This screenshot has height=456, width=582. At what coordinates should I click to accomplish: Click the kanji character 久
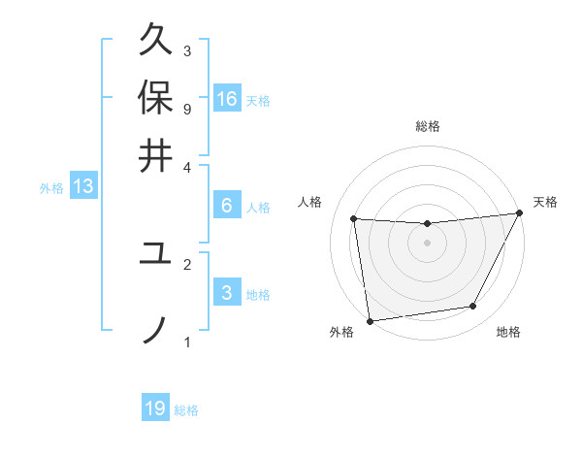coord(155,43)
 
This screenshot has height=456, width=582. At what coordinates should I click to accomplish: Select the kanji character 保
coord(155,97)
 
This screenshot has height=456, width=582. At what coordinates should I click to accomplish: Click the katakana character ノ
coord(155,330)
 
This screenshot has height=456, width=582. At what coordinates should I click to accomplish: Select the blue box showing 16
coord(227,99)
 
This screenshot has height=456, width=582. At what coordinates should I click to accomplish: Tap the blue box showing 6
coord(227,206)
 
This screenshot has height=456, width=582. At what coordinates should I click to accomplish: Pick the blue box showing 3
coord(227,294)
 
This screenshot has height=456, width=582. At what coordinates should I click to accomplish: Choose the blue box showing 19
coord(155,408)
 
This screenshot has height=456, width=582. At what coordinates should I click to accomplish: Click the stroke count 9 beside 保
coord(186,108)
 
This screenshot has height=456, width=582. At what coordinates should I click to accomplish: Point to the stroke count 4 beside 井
coord(186,166)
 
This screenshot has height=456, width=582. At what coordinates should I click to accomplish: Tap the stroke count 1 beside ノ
coord(186,342)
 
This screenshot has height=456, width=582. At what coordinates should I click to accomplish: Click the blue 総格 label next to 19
coord(186,410)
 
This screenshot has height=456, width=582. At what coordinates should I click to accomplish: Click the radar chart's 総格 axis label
coord(427,126)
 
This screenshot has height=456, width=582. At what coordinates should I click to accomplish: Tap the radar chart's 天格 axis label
coord(545,202)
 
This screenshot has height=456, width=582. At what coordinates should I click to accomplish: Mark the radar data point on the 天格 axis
coord(519,213)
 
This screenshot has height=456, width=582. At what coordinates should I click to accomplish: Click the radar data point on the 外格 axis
coord(370,320)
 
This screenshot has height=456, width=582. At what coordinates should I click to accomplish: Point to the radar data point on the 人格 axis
coord(354,219)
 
